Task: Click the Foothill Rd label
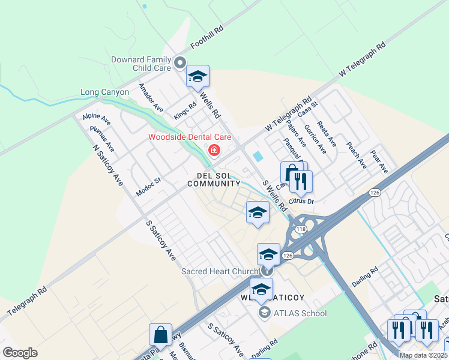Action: [207, 37]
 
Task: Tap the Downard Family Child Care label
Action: [141, 64]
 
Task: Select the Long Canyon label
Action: [105, 92]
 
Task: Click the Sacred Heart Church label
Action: [220, 271]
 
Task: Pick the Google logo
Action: [20, 352]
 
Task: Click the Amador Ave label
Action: [151, 98]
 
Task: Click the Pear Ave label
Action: [379, 161]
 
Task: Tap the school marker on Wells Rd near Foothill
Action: [197, 76]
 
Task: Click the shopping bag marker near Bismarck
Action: [161, 335]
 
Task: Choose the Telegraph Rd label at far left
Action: [27, 302]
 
